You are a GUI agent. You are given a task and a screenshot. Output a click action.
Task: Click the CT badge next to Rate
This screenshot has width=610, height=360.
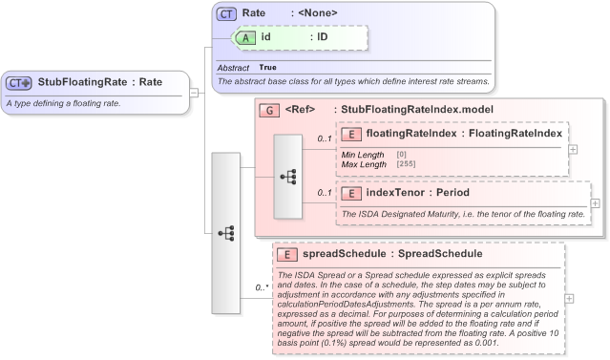tap(226, 14)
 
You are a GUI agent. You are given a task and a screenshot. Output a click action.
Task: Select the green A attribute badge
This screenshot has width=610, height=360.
tap(246, 36)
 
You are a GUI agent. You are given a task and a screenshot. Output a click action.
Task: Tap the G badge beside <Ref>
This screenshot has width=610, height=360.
tap(269, 111)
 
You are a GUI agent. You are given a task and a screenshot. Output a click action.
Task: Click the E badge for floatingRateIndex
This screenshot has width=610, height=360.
tap(350, 134)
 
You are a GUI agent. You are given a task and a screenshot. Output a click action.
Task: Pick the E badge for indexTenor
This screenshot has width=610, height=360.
tap(350, 193)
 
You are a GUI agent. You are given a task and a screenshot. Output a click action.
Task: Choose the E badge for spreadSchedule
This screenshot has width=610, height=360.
tap(285, 254)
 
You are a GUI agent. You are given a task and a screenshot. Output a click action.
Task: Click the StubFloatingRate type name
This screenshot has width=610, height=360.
tap(83, 82)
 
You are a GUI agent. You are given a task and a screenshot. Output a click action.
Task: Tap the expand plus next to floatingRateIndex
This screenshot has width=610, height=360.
tap(573, 149)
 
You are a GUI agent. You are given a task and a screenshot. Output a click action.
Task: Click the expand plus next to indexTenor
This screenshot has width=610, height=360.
tap(595, 202)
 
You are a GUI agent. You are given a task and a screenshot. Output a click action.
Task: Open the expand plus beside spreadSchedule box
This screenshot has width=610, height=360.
tap(570, 299)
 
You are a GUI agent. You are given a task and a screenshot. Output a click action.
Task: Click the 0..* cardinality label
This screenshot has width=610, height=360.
tap(261, 287)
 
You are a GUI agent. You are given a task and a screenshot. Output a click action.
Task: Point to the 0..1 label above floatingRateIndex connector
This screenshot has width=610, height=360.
tap(325, 139)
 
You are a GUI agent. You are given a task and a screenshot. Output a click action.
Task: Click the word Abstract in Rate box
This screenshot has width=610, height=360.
tap(233, 68)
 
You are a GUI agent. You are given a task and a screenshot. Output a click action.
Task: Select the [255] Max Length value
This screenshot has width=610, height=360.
tap(407, 164)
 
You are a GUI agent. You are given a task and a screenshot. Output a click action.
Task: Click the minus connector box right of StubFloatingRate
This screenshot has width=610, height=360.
tap(195, 93)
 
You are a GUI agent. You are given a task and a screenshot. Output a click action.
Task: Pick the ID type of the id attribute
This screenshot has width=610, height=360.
tap(323, 36)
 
